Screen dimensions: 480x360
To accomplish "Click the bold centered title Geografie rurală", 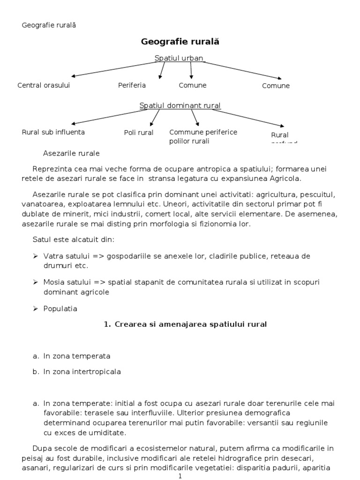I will [180, 42].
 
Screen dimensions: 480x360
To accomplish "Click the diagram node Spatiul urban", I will [179, 58].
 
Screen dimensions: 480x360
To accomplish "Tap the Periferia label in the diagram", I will [132, 85].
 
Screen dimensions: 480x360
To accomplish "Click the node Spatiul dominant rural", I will [180, 105].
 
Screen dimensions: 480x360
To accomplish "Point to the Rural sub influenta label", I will [53, 132].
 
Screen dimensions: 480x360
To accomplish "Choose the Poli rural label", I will [139, 133].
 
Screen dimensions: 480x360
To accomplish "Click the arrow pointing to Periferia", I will [162, 71].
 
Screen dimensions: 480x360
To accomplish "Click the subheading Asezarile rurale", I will [71, 153].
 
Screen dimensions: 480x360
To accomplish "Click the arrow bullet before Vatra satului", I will [36, 256].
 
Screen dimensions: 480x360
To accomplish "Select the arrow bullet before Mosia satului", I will [36, 283].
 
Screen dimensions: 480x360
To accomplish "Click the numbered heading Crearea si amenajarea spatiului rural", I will [185, 324].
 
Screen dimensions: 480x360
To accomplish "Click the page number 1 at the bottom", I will [180, 476].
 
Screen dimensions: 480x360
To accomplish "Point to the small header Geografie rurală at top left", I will [49, 25].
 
